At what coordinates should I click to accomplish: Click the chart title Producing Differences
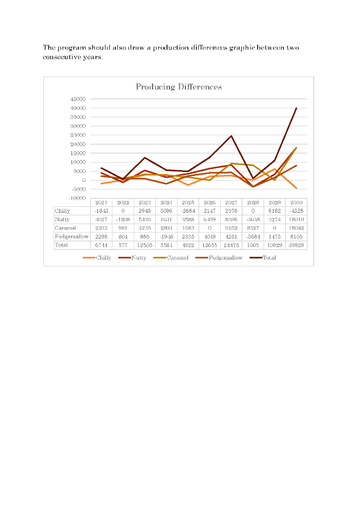179,87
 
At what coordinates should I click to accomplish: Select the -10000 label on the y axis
79,198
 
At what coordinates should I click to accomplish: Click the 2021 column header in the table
101,203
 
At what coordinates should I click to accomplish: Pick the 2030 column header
296,203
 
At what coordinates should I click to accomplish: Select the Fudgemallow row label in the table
72,237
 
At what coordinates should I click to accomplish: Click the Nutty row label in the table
62,219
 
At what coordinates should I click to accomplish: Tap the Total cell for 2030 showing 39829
296,246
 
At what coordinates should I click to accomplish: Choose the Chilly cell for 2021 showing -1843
101,211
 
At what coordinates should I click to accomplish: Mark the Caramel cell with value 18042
296,228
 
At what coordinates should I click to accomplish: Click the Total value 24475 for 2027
231,246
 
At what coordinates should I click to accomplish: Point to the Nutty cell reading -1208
123,219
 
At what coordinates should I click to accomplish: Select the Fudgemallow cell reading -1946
166,237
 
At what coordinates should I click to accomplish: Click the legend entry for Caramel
177,258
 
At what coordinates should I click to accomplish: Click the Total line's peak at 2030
296,108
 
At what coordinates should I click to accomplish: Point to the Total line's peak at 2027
231,136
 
